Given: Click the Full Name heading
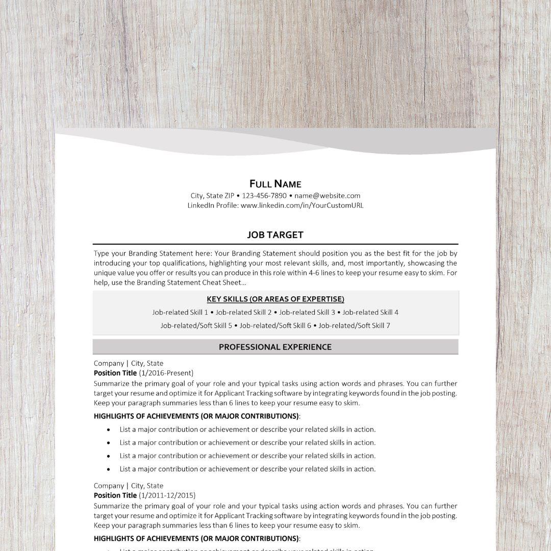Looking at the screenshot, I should [275, 184].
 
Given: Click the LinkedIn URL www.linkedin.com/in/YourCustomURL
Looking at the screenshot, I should [302, 206].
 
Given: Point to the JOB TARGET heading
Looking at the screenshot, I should [275, 235].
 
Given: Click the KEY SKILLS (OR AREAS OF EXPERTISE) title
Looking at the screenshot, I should [275, 299].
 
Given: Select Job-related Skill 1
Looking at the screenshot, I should [180, 312].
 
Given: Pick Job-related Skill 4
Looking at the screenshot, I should [370, 312].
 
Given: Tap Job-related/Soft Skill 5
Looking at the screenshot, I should [196, 325].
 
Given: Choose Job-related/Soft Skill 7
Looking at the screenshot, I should [354, 325].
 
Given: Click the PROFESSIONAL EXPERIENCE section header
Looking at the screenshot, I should [275, 347].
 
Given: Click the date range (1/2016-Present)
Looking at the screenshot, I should [166, 373].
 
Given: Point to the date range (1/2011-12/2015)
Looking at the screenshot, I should [167, 495].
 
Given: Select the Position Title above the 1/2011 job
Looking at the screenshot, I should [115, 495].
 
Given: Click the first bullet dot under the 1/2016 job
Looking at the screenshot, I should [109, 430].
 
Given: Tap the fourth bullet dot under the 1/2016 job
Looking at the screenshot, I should [109, 469].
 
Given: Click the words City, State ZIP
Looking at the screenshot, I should [212, 195].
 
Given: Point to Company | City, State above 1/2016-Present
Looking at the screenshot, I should [129, 363].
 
